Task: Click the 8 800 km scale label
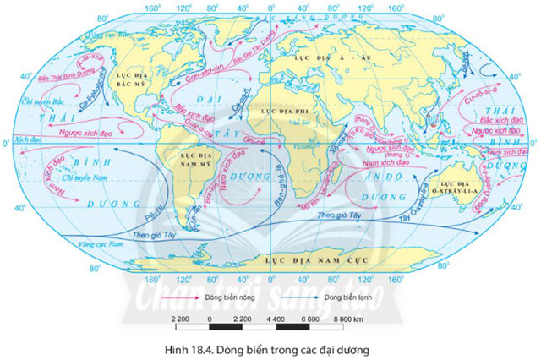(347, 319)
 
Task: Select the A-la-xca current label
(87, 59)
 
